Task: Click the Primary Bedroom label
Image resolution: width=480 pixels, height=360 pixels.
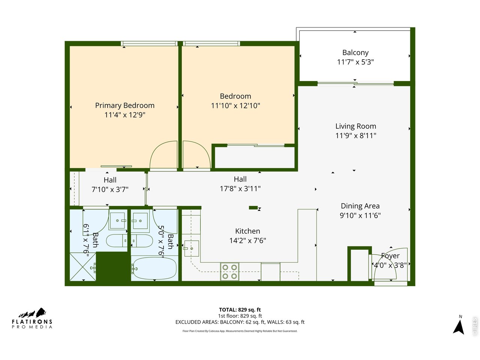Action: (x=124, y=105)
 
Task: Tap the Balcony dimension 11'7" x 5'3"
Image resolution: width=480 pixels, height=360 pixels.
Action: (x=355, y=62)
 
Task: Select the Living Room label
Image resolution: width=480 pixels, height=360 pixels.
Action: (x=355, y=126)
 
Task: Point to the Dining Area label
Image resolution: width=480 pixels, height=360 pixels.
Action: (x=360, y=206)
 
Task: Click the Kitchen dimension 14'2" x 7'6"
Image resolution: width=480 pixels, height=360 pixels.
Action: (x=247, y=240)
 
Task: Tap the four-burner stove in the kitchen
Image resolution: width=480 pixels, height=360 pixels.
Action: (x=229, y=272)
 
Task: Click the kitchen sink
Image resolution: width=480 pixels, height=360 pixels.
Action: (x=192, y=248)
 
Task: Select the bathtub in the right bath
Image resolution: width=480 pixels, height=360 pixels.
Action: (x=154, y=268)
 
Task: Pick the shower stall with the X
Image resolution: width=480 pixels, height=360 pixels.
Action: (x=82, y=267)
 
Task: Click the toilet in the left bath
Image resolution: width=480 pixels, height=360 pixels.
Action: (x=117, y=241)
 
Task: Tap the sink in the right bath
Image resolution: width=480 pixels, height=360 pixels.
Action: (x=140, y=221)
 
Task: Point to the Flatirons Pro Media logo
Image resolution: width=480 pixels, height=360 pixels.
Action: (x=32, y=318)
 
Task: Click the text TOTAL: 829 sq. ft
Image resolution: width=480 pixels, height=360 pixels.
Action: (x=240, y=309)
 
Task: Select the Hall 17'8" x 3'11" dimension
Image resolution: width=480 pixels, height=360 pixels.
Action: (x=240, y=189)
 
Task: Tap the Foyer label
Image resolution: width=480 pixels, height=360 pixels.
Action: (x=390, y=256)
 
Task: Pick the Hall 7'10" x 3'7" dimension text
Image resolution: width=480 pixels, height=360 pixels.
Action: (x=110, y=189)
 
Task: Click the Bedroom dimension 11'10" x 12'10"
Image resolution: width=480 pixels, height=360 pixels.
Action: (x=235, y=106)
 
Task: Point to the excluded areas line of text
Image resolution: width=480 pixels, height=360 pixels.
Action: (x=240, y=322)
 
